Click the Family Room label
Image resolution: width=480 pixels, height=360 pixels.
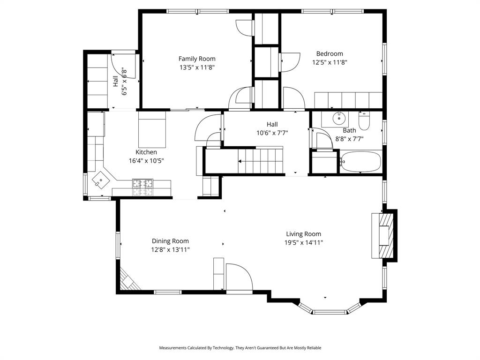[197, 59]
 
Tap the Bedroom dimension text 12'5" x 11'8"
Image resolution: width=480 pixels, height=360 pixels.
[330, 62]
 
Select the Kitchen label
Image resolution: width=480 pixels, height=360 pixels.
[146, 152]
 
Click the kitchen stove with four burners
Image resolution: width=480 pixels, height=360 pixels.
[142, 187]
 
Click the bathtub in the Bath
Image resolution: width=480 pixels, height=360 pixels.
[360, 162]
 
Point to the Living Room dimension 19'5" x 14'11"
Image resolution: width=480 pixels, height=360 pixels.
[304, 243]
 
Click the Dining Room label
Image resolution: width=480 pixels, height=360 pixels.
[170, 241]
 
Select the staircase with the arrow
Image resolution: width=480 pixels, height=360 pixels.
[260, 161]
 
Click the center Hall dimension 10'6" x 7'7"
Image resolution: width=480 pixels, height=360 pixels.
[272, 133]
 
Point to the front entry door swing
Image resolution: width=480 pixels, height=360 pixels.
[239, 277]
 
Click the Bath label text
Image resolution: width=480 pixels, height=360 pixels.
[349, 130]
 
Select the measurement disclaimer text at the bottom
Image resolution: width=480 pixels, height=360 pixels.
[240, 348]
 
